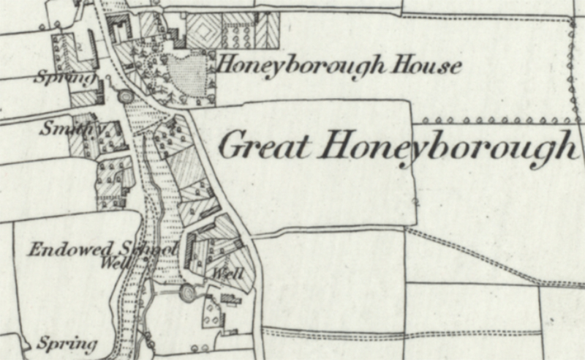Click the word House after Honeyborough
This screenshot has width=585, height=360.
(x=428, y=66)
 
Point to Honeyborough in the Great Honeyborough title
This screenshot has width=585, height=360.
(x=448, y=147)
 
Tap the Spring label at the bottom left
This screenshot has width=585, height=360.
(x=67, y=342)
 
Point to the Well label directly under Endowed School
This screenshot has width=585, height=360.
(x=116, y=260)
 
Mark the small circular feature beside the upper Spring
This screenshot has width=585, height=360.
(x=124, y=96)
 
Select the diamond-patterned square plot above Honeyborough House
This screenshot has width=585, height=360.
(x=203, y=30)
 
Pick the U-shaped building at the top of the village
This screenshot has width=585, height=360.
(x=118, y=28)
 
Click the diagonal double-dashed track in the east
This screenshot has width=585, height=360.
(x=483, y=256)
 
